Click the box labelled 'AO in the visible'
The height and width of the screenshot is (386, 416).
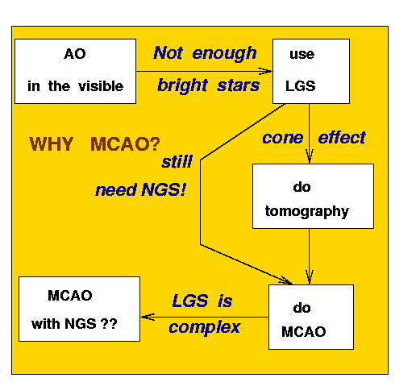point(75,71)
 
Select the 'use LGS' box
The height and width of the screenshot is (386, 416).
point(311,71)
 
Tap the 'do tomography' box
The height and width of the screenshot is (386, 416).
point(313,196)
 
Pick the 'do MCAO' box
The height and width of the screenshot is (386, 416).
point(311,317)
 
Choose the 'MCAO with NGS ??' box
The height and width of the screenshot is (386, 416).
point(79,309)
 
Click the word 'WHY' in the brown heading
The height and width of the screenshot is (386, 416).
point(51,144)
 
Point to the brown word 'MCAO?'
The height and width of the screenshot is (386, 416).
point(125,144)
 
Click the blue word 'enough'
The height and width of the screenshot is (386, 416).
point(224,53)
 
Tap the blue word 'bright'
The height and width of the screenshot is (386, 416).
point(182,85)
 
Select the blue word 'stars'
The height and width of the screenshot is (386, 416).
point(239,86)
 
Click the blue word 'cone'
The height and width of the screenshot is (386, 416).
point(283,139)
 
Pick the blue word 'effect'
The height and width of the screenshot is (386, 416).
point(342,138)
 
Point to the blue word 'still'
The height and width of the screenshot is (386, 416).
point(177,162)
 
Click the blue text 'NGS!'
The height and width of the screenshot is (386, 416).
point(164,189)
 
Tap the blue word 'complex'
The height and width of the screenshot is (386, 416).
point(205,328)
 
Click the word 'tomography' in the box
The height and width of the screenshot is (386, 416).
point(307,212)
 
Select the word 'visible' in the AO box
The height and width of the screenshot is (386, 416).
point(101,86)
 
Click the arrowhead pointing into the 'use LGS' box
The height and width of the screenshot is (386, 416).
point(265,71)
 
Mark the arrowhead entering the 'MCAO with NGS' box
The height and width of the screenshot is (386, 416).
point(148,317)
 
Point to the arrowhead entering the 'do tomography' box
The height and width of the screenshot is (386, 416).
point(310,156)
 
